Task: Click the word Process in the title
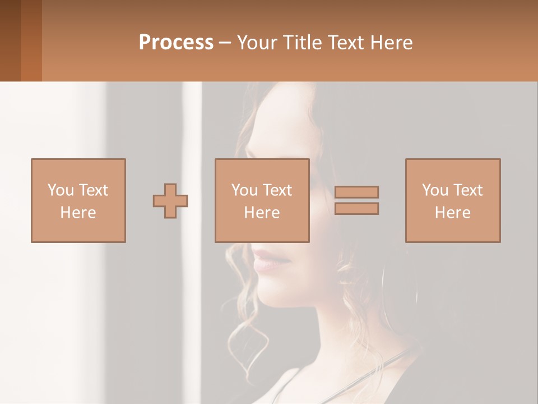(176, 43)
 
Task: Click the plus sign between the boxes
(170, 201)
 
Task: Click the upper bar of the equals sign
(356, 192)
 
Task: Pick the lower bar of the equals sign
(356, 209)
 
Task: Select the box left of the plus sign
(78, 168)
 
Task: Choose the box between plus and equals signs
(262, 168)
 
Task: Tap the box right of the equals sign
(453, 168)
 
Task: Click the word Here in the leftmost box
(78, 213)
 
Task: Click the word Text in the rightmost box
(467, 190)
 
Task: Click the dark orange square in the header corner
(31, 40)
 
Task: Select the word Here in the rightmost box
(453, 213)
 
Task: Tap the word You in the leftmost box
(60, 190)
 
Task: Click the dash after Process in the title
(225, 43)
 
